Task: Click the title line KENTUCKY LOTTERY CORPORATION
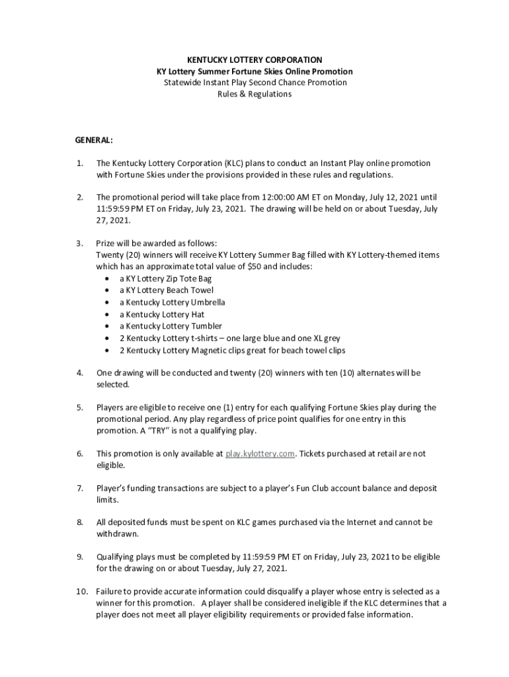[x=255, y=60]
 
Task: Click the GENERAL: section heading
[x=94, y=140]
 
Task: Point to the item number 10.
[x=81, y=591]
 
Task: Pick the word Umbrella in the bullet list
[x=208, y=302]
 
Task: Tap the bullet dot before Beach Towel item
[x=108, y=290]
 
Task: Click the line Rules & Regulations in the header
[x=255, y=95]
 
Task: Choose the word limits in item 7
[x=107, y=500]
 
